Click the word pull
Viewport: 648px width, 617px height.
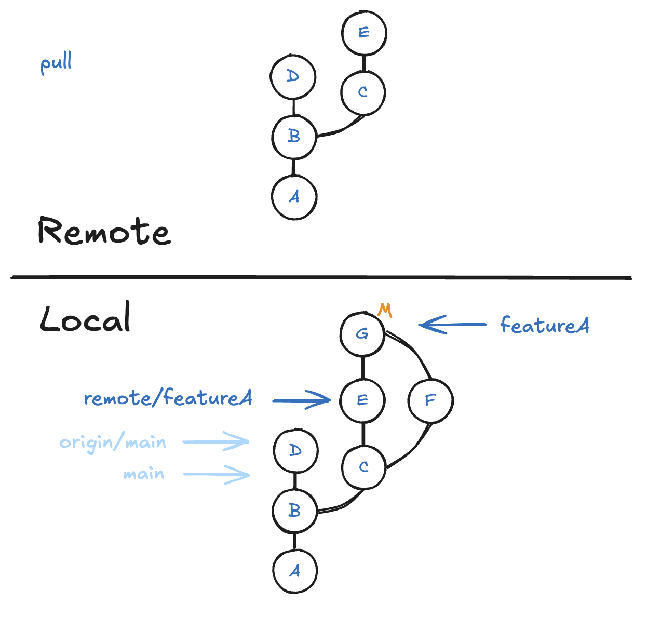tap(56, 63)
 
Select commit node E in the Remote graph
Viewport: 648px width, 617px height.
tap(364, 33)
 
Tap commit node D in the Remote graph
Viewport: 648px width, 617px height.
tap(293, 76)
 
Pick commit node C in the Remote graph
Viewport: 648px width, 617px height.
tap(363, 92)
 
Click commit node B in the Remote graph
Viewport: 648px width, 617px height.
tap(294, 137)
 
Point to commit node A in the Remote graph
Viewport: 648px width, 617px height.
tap(294, 197)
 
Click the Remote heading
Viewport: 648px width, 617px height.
tap(104, 231)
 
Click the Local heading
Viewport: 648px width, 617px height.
tap(86, 318)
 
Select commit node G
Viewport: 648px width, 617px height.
tap(362, 334)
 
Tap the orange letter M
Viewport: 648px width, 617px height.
tap(385, 310)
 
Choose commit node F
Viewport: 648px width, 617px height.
tap(430, 400)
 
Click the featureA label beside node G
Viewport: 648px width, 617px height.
tap(545, 325)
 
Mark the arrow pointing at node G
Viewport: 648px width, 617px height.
tap(452, 325)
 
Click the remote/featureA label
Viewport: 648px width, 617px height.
tap(168, 398)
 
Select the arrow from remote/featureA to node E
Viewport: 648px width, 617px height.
tap(302, 400)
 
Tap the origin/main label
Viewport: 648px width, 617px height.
tap(113, 443)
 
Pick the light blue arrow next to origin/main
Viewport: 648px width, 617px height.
tap(216, 442)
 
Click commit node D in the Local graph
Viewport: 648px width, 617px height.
tap(295, 450)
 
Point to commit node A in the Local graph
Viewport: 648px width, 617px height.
tap(295, 571)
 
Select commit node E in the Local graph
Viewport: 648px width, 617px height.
tap(362, 400)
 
